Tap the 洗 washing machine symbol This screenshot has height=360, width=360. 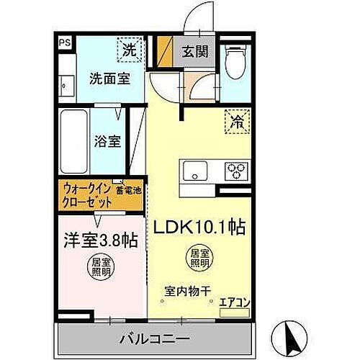[127, 51]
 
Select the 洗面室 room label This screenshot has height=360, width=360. [109, 78]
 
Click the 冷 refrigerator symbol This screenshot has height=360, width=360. [236, 121]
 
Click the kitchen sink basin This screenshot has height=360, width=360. [195, 173]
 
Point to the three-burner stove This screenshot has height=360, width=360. [235, 173]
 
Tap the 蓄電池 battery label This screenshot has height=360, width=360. [128, 190]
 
